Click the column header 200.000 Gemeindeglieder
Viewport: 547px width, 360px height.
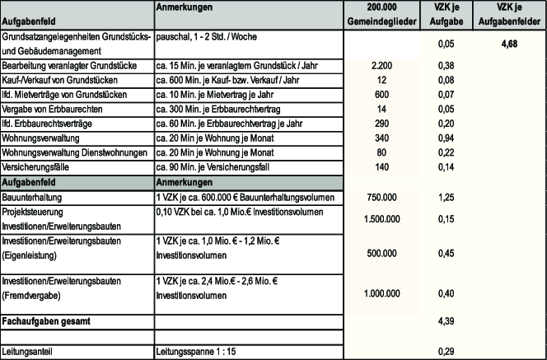(x=381, y=13)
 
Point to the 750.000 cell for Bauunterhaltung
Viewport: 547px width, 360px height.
(x=381, y=197)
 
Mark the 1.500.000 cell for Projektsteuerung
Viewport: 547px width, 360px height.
(x=381, y=218)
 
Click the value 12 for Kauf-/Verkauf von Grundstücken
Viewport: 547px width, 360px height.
(x=381, y=80)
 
